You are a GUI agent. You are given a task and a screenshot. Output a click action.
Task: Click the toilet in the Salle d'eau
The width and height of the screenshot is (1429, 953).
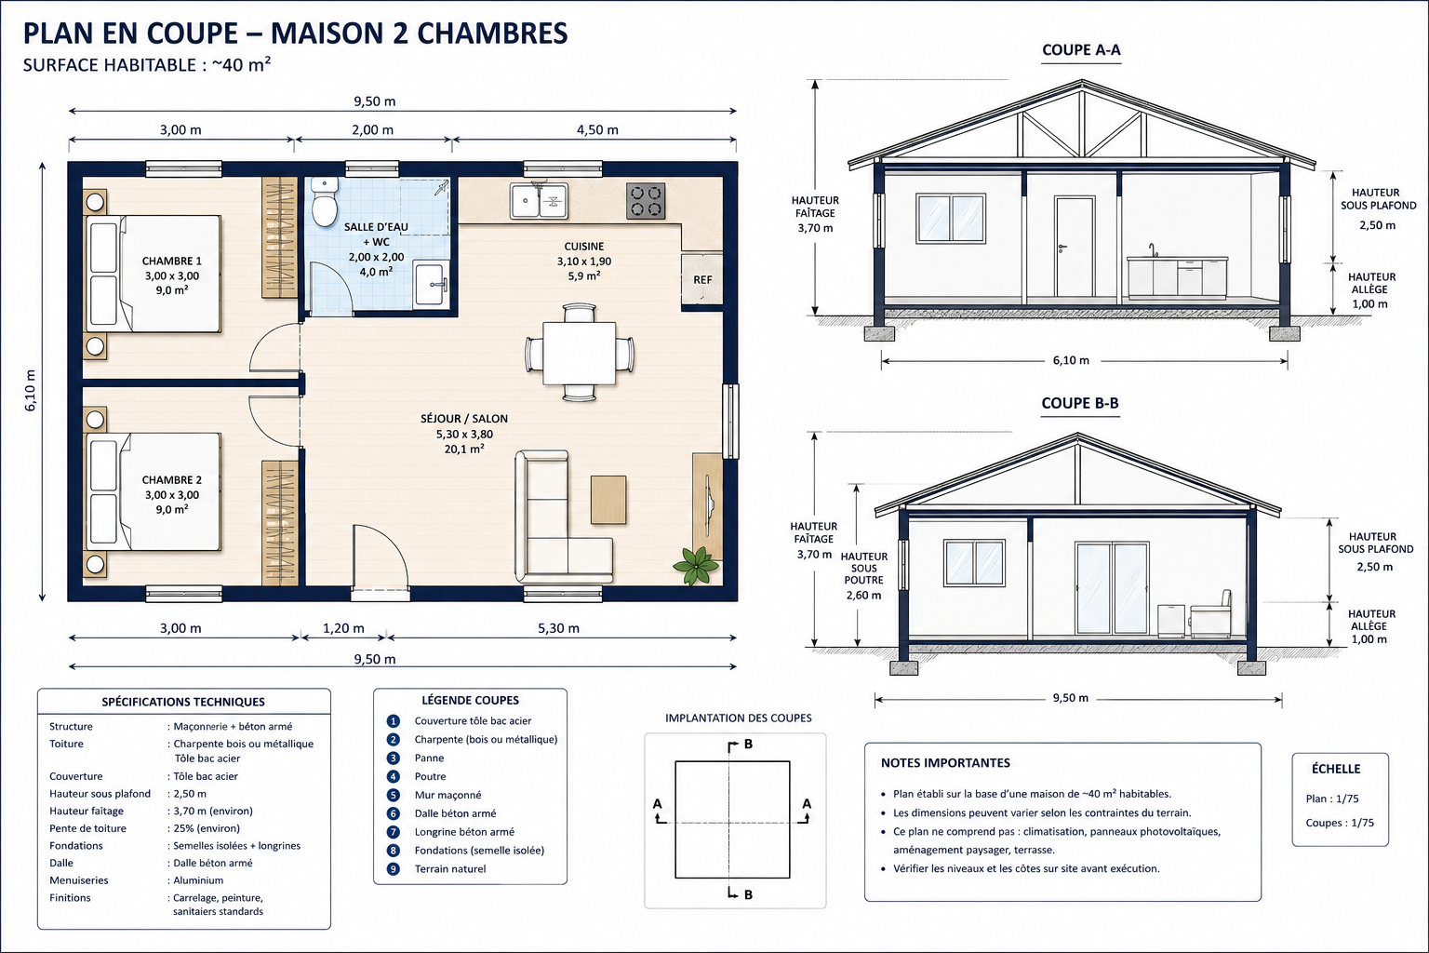325,202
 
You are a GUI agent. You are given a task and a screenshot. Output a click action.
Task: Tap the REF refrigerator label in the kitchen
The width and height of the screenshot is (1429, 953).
702,279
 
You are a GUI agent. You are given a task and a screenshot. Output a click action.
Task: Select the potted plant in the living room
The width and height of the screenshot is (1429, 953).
695,565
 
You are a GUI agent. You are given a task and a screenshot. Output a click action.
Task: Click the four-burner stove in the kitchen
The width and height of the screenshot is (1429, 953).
646,201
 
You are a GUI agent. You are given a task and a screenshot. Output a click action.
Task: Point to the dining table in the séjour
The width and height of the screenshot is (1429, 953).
580,353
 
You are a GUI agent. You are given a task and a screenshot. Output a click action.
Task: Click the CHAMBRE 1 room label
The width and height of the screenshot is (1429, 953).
171,262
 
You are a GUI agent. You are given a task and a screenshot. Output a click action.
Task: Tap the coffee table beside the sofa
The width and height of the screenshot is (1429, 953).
608,500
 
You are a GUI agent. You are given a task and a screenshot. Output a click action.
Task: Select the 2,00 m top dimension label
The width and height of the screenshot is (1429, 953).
372,129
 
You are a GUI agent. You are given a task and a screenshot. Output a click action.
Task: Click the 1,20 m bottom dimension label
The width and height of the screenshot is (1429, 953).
343,628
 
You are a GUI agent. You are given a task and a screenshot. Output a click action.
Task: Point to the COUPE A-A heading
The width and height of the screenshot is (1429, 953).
1081,49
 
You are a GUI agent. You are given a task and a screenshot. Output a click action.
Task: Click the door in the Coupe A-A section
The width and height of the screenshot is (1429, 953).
1075,247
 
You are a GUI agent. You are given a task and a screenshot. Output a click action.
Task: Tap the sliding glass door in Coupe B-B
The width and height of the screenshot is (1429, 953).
1112,588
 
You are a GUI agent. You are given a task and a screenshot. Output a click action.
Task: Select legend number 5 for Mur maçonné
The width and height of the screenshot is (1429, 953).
393,795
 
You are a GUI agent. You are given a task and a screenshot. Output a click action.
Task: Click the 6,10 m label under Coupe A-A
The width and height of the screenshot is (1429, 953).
1071,361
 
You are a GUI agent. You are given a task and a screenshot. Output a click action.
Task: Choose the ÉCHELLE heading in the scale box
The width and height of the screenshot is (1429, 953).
1336,769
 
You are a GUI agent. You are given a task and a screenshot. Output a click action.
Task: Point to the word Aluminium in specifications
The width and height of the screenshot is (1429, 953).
198,880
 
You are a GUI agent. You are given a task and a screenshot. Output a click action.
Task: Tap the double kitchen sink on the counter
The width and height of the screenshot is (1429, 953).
539,200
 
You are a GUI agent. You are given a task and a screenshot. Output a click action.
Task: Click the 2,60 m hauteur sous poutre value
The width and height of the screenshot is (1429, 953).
863,596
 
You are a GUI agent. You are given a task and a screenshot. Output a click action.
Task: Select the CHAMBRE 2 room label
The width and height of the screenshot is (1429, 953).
171,480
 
